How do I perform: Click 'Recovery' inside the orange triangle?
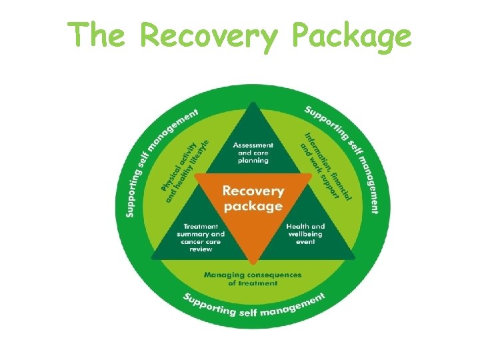[253, 191]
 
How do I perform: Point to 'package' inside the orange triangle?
[253, 206]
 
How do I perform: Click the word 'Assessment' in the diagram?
[253, 145]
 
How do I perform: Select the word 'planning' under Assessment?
[253, 161]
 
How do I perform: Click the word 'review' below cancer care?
[201, 249]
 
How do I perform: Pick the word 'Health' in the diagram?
[297, 227]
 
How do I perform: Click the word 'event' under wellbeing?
[306, 241]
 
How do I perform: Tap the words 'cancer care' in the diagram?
[201, 241]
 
